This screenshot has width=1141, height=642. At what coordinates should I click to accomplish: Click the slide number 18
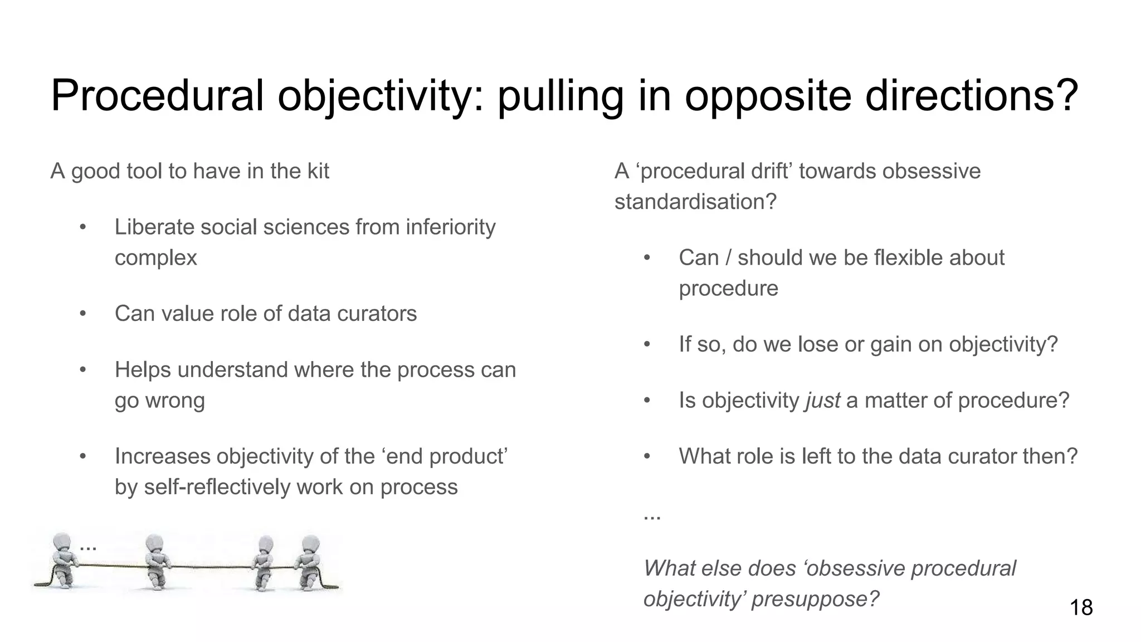click(x=1081, y=607)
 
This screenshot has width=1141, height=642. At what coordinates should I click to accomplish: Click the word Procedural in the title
click(x=157, y=95)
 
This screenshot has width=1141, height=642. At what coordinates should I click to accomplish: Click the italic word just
click(x=822, y=401)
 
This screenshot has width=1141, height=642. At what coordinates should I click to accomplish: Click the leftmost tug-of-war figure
click(x=61, y=560)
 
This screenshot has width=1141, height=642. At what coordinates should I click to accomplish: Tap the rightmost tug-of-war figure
click(x=308, y=563)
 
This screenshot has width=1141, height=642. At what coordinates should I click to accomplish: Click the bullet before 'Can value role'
click(x=82, y=314)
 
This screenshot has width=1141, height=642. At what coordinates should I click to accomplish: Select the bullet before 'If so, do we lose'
click(x=647, y=344)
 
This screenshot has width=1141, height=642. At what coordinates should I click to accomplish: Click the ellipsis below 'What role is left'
click(x=651, y=516)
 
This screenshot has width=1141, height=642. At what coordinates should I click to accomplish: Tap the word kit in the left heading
click(x=318, y=171)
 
